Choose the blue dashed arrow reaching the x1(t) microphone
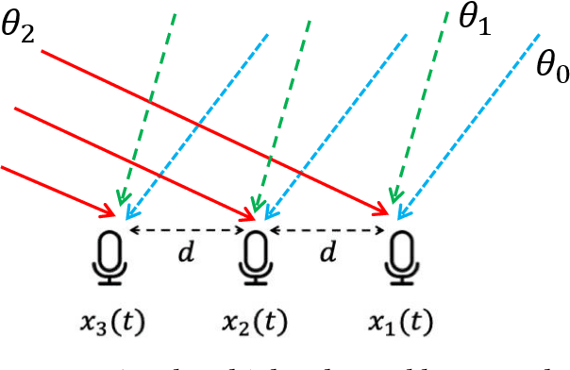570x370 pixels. [x=472, y=123]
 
